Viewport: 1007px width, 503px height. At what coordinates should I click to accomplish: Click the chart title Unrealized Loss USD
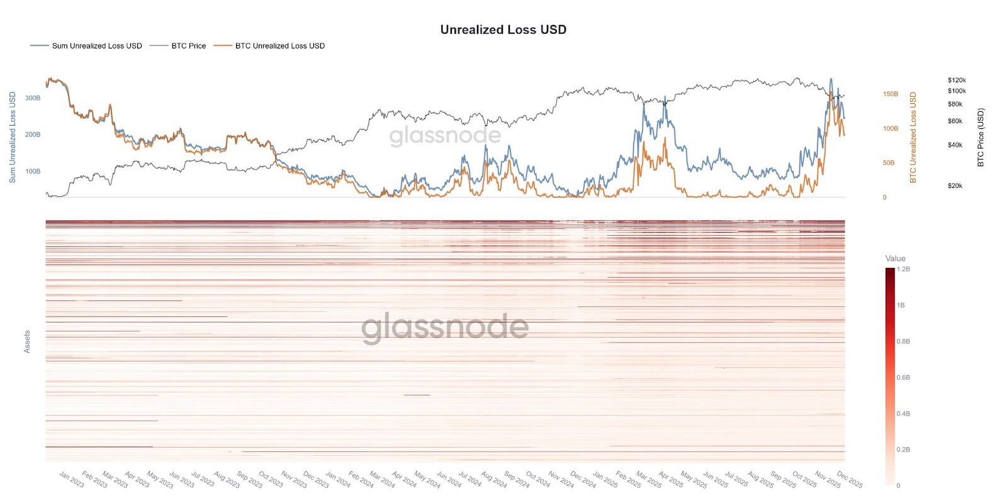pyautogui.click(x=503, y=30)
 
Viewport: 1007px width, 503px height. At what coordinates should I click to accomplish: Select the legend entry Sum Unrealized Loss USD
pyautogui.click(x=96, y=46)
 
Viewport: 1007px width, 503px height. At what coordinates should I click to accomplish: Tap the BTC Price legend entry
pyautogui.click(x=188, y=46)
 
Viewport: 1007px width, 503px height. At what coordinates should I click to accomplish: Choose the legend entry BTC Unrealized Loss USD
pyautogui.click(x=279, y=46)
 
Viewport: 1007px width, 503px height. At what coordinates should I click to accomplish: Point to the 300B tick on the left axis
pyautogui.click(x=33, y=98)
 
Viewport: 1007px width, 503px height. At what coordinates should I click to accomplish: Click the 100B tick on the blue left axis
pyautogui.click(x=33, y=171)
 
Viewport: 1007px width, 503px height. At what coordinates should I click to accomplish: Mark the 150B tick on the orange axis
pyautogui.click(x=891, y=94)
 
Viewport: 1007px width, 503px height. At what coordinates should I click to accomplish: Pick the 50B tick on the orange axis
pyautogui.click(x=888, y=163)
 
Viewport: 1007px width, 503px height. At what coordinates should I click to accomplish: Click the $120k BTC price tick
pyautogui.click(x=957, y=80)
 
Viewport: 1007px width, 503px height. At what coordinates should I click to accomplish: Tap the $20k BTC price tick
pyautogui.click(x=955, y=186)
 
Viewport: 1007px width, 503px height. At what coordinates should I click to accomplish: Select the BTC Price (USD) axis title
pyautogui.click(x=980, y=138)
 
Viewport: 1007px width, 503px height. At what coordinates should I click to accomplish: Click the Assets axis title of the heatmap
pyautogui.click(x=27, y=341)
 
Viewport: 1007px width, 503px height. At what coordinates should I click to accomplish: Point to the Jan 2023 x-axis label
pyautogui.click(x=71, y=479)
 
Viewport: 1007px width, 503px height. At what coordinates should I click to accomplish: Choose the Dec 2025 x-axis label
pyautogui.click(x=850, y=479)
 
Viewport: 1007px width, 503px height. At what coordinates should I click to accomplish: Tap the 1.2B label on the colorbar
pyautogui.click(x=903, y=269)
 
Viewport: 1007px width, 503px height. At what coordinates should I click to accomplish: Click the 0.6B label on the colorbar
pyautogui.click(x=903, y=378)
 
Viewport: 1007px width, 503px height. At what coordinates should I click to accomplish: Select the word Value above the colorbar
pyautogui.click(x=895, y=258)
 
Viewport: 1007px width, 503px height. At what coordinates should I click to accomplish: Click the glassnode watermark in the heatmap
pyautogui.click(x=444, y=327)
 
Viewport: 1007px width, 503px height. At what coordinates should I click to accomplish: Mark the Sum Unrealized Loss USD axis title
pyautogui.click(x=13, y=137)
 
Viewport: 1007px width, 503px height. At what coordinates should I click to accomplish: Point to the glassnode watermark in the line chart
pyautogui.click(x=444, y=136)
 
